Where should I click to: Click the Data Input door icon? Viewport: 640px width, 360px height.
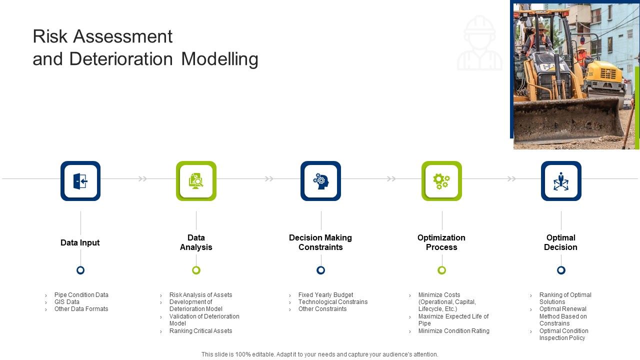click(80, 181)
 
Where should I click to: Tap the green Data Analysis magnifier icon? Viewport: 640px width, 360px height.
click(196, 181)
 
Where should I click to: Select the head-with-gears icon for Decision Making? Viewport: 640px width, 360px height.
click(320, 181)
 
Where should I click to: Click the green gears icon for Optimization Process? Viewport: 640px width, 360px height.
click(441, 181)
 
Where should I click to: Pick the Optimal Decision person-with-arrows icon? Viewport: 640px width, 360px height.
click(561, 181)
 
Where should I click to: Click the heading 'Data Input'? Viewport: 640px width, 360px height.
click(80, 242)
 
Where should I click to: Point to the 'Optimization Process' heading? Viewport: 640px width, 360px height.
click(441, 242)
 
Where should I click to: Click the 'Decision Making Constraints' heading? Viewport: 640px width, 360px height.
click(320, 242)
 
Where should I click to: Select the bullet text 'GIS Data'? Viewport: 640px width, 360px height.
click(67, 302)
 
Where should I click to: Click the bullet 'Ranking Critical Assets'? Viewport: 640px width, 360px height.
click(200, 331)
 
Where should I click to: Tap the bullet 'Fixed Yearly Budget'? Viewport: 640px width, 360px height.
click(325, 295)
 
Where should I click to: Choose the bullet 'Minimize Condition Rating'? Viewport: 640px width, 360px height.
click(453, 331)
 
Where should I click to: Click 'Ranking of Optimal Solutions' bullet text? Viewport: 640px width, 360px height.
click(565, 298)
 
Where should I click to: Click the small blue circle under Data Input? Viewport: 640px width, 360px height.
click(80, 270)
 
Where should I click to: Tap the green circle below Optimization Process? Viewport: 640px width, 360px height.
click(441, 270)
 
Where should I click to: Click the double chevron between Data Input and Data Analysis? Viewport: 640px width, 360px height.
click(143, 179)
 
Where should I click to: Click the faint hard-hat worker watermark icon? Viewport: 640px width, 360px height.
click(479, 43)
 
